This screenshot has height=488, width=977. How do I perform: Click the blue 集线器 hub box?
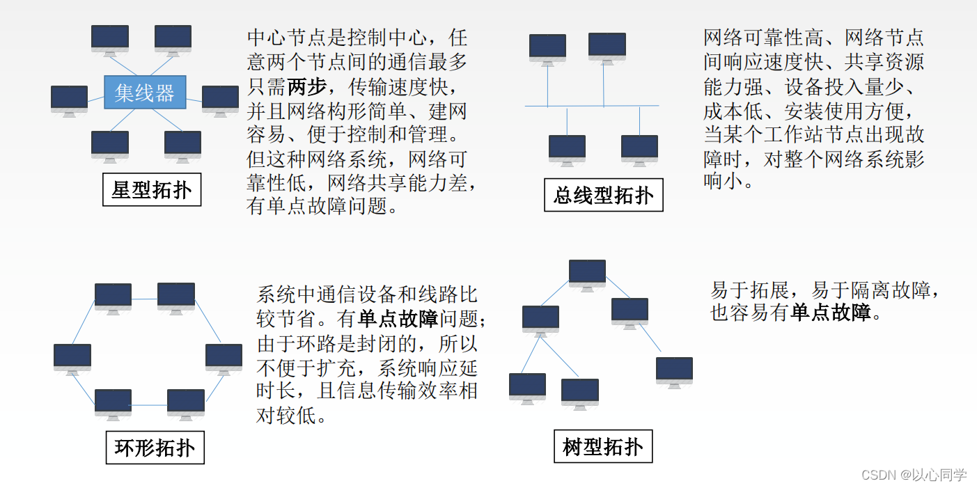pos(145,92)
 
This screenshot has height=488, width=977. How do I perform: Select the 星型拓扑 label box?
pos(152,189)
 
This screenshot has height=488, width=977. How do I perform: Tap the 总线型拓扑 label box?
pos(603,195)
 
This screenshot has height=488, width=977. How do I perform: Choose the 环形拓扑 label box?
pos(155,448)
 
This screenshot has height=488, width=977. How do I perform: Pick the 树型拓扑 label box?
pos(603,446)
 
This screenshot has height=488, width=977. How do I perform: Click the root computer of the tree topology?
pos(587,273)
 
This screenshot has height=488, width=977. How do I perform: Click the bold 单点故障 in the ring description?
pos(398,319)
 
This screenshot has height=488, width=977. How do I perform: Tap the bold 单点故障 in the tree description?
pos(831,313)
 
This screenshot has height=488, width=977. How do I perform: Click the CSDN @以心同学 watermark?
pos(914,475)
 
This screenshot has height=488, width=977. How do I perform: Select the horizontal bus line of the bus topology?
pos(592,106)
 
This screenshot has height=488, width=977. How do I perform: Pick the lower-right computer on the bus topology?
pos(639,149)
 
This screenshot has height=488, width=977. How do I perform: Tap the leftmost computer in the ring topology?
pos(72,358)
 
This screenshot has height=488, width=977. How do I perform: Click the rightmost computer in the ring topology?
pos(224,358)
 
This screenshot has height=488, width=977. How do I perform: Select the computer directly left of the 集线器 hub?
pos(69,100)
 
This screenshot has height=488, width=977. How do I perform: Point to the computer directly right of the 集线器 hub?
pos(220,100)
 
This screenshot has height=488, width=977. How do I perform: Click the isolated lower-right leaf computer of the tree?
pos(674,370)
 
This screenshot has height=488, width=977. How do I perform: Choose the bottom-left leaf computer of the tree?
pos(527,387)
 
